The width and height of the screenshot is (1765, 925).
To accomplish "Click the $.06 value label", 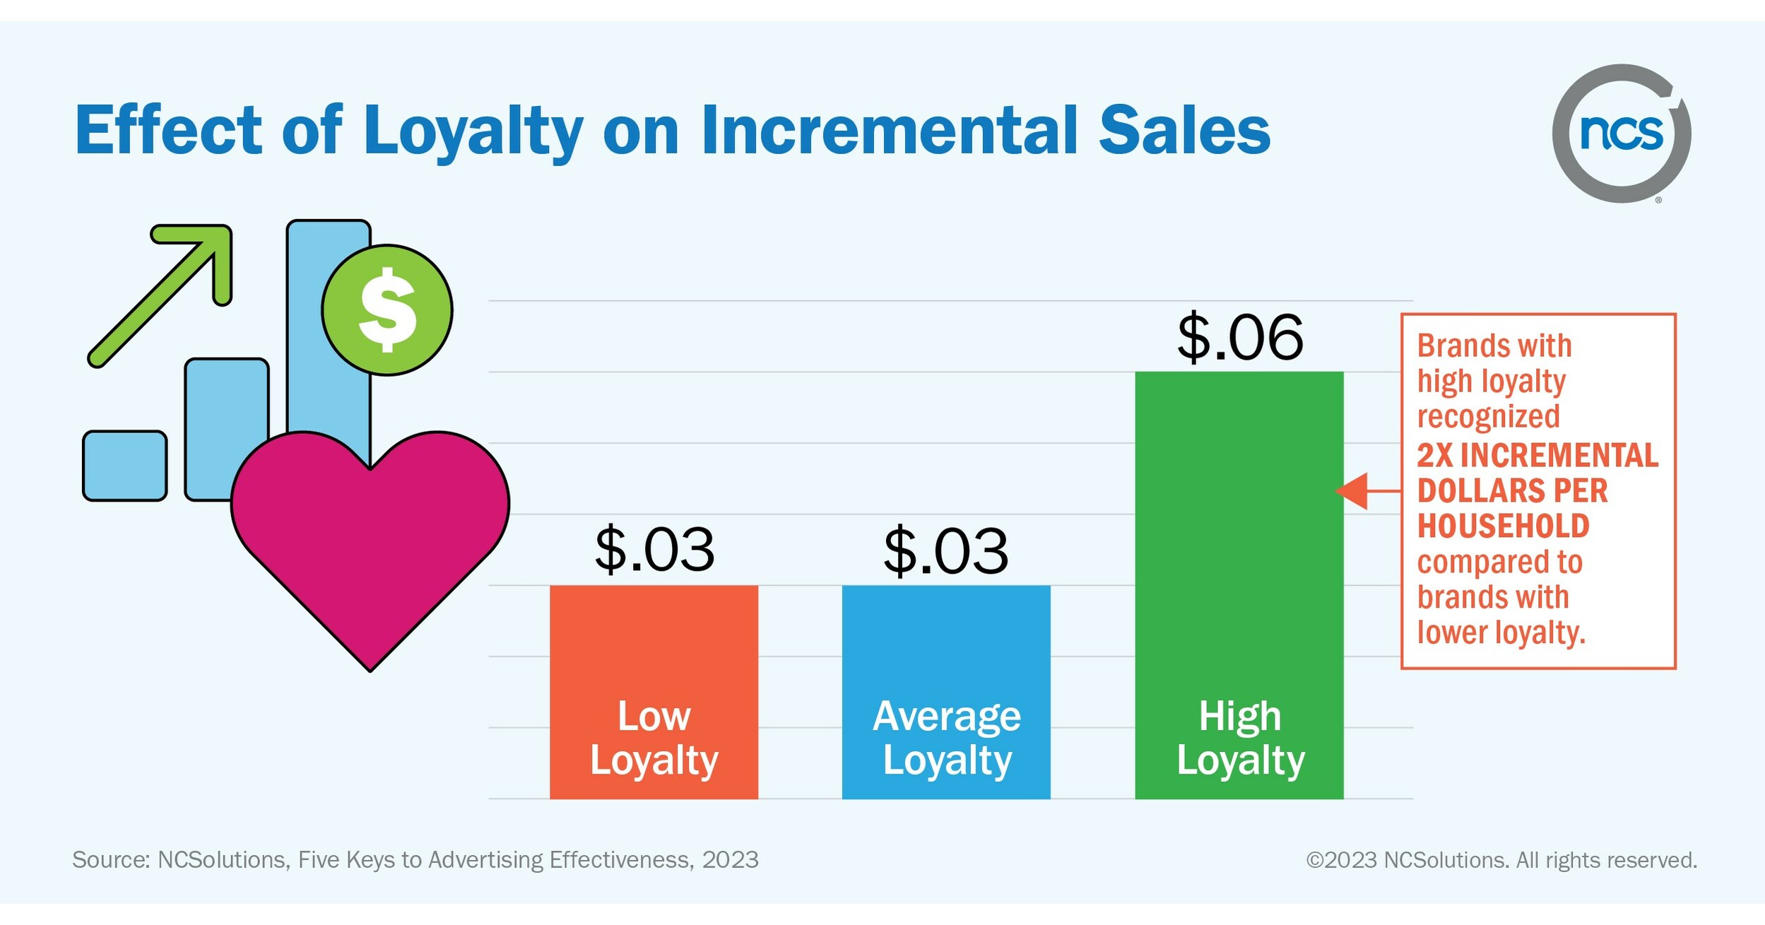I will tap(1239, 338).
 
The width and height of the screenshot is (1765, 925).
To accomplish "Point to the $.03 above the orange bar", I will tap(654, 549).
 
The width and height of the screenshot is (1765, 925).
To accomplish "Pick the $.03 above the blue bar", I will tap(945, 550).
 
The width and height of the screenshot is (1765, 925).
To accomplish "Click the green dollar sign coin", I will tap(386, 310).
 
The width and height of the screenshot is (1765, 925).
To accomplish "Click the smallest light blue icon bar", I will tap(125, 466).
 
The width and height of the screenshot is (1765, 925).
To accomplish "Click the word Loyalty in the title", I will tap(472, 131).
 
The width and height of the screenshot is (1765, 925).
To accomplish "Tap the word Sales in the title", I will tap(1184, 130).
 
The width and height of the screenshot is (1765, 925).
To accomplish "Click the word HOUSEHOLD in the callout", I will tap(1503, 526).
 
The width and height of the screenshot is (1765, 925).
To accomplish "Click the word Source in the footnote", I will tap(110, 860).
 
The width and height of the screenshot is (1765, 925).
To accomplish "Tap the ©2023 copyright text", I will tap(1340, 860).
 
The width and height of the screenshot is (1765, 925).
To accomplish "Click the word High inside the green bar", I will tap(1239, 717).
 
